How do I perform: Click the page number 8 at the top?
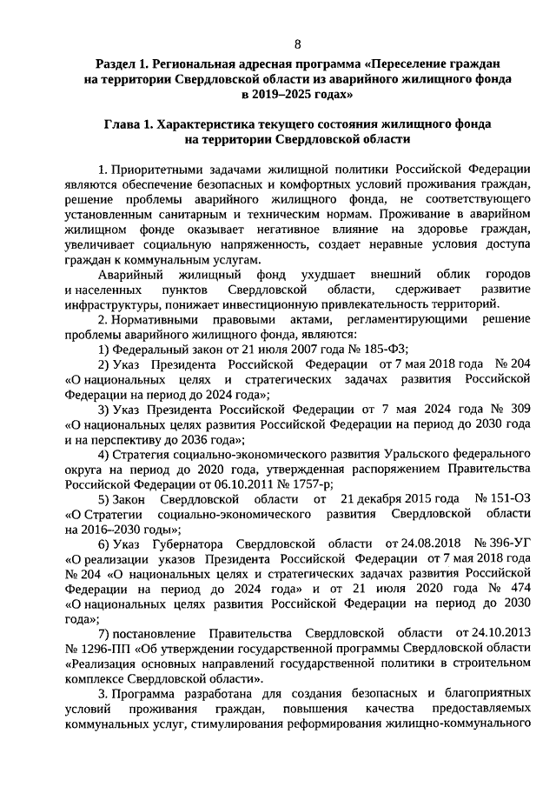298,43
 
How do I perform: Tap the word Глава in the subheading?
125,124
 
